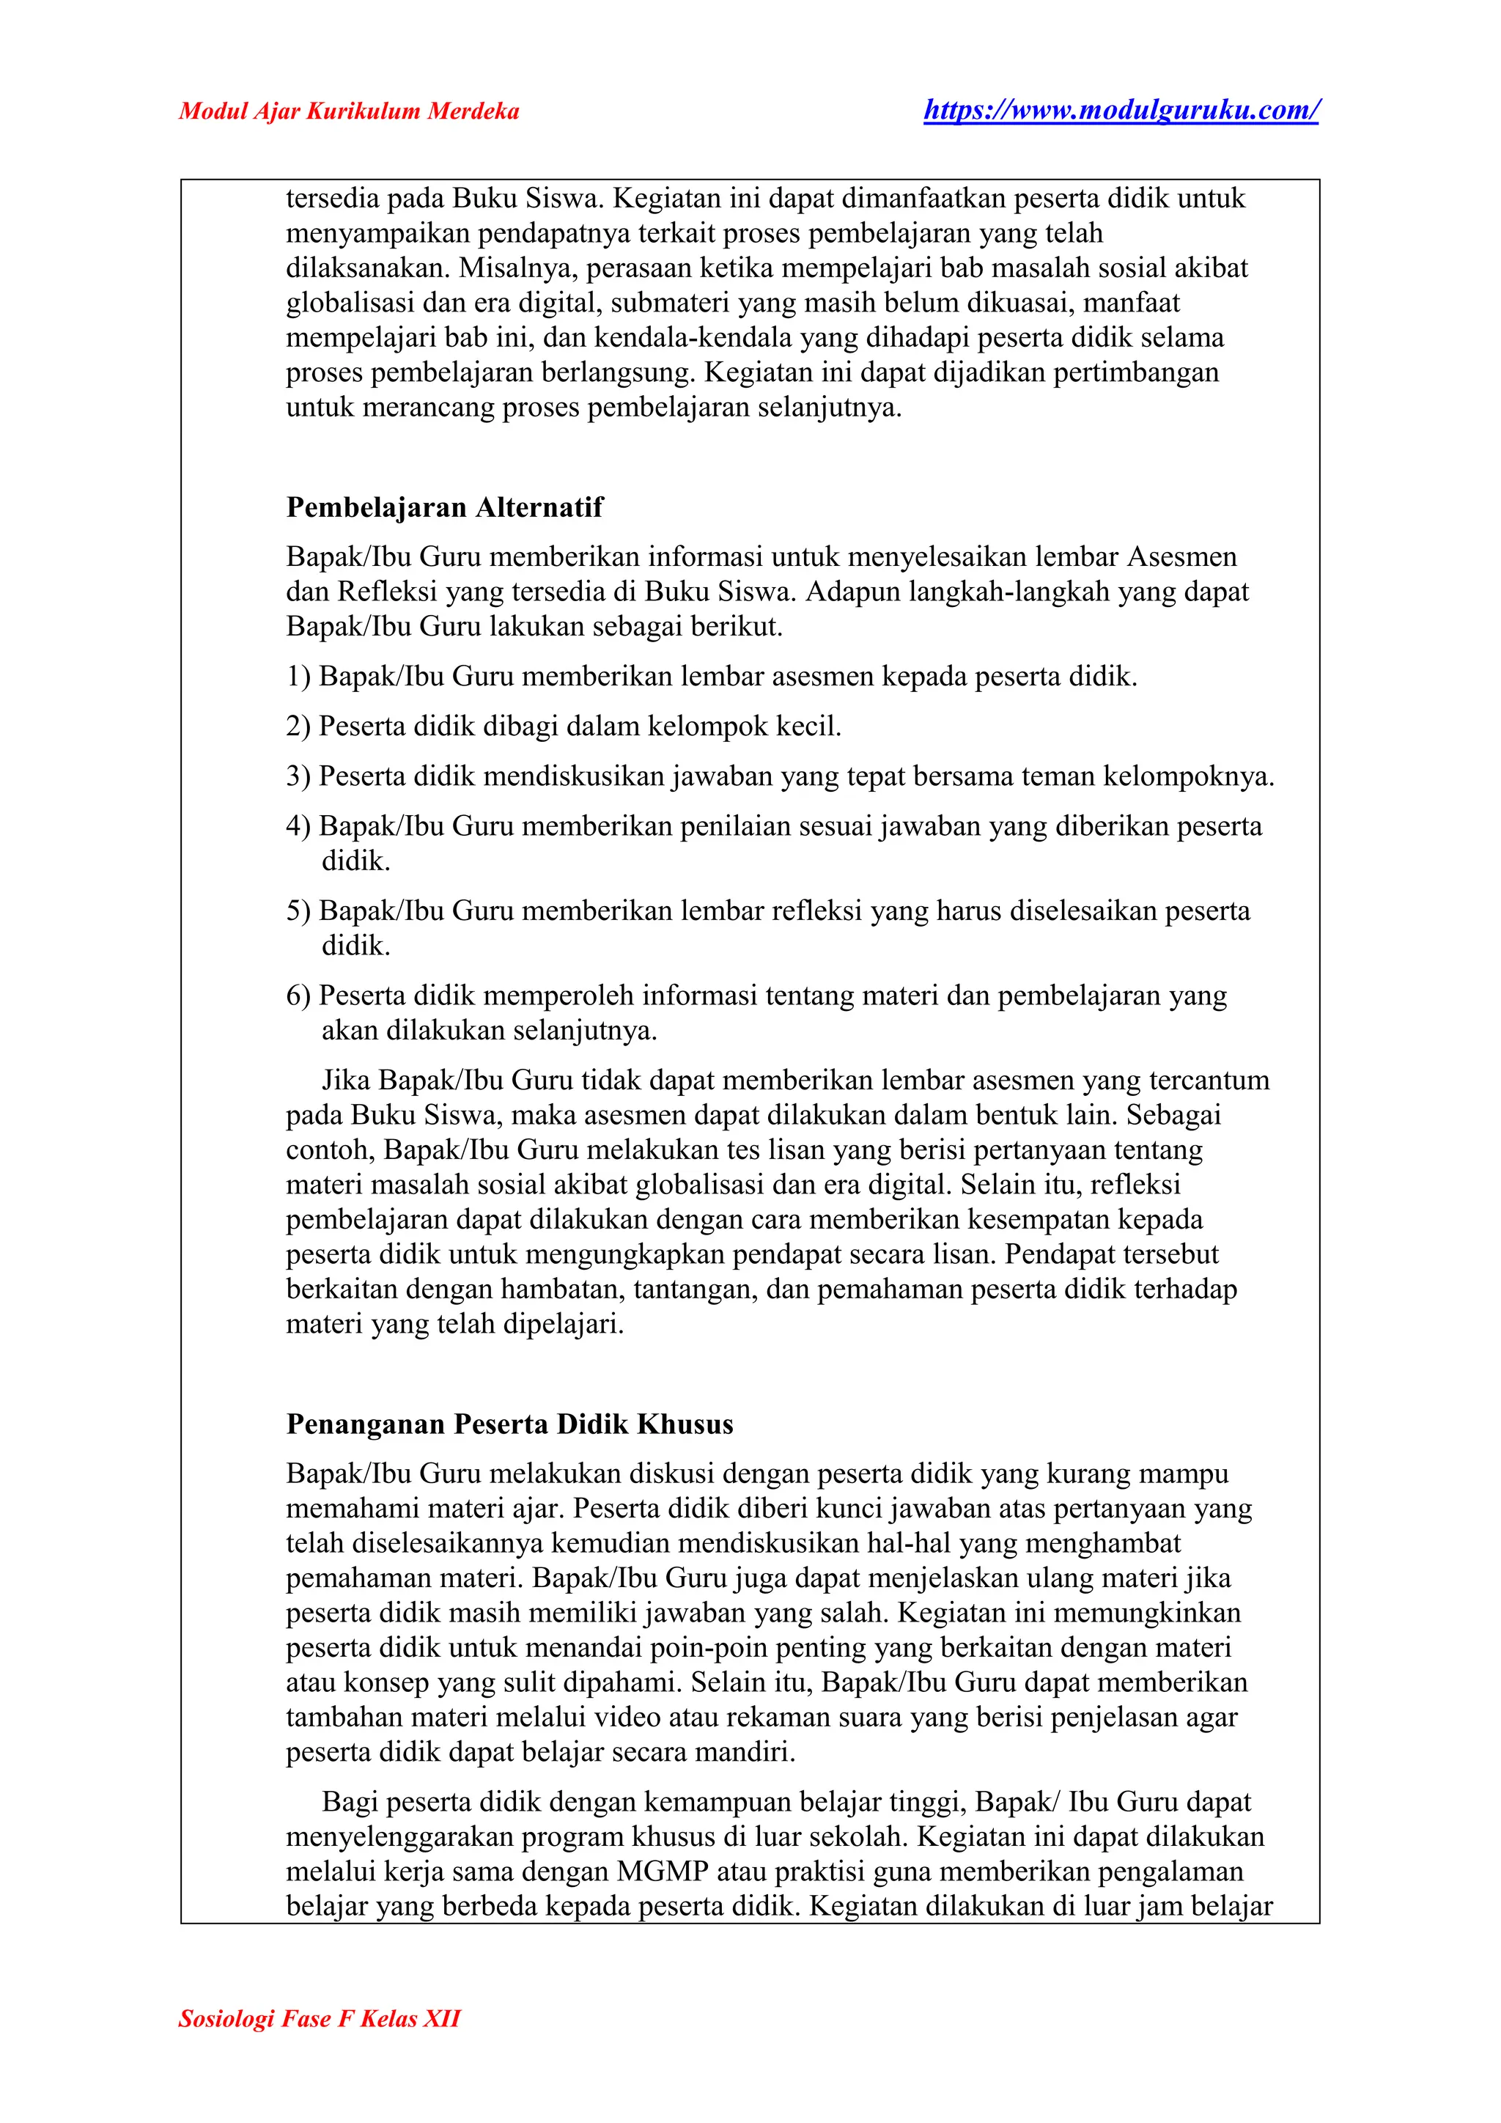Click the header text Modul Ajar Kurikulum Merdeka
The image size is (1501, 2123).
click(348, 112)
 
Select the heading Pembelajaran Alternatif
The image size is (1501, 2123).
click(445, 507)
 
